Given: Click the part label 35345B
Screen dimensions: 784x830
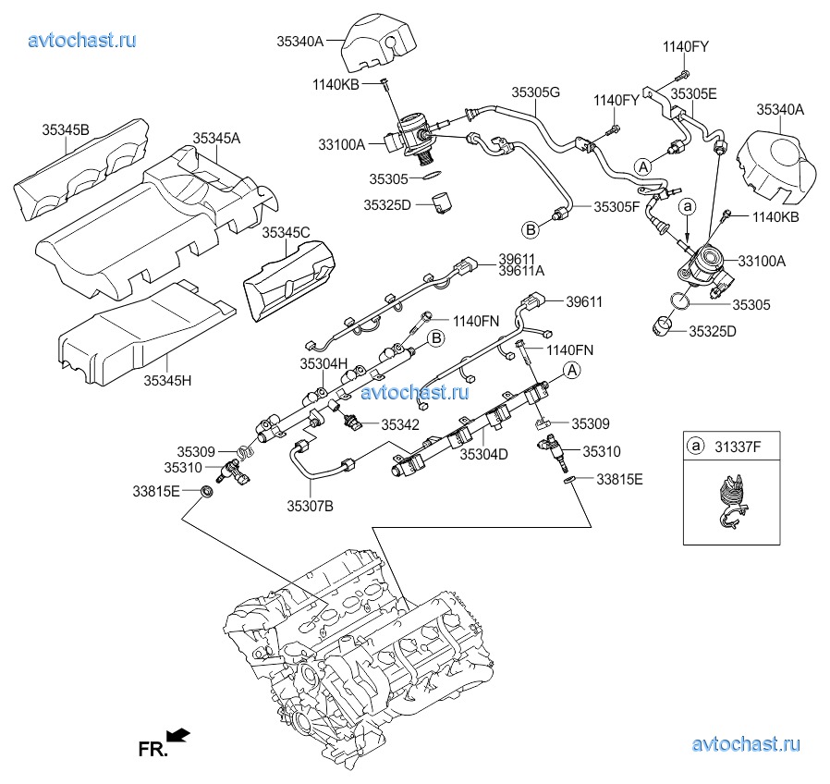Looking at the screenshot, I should pos(65,129).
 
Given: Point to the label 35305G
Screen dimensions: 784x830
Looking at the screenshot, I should pos(537,92).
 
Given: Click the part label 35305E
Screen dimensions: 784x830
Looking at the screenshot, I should pos(693,93).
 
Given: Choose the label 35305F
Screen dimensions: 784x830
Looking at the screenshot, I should pos(617,208).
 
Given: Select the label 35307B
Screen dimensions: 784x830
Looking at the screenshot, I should pos(310,505).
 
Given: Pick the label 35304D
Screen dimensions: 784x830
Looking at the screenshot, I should pos(484,455).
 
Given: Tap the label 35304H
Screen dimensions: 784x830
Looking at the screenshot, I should pos(323,363).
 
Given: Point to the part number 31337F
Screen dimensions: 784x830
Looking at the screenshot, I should pos(738,447).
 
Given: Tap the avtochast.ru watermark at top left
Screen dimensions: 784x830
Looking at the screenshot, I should pos(82,40).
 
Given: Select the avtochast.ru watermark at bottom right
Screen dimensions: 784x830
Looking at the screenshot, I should pos(745,744).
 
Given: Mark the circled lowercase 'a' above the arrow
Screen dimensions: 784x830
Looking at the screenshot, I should pos(689,209).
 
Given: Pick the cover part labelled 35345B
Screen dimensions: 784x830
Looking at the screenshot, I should pos(88,171).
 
